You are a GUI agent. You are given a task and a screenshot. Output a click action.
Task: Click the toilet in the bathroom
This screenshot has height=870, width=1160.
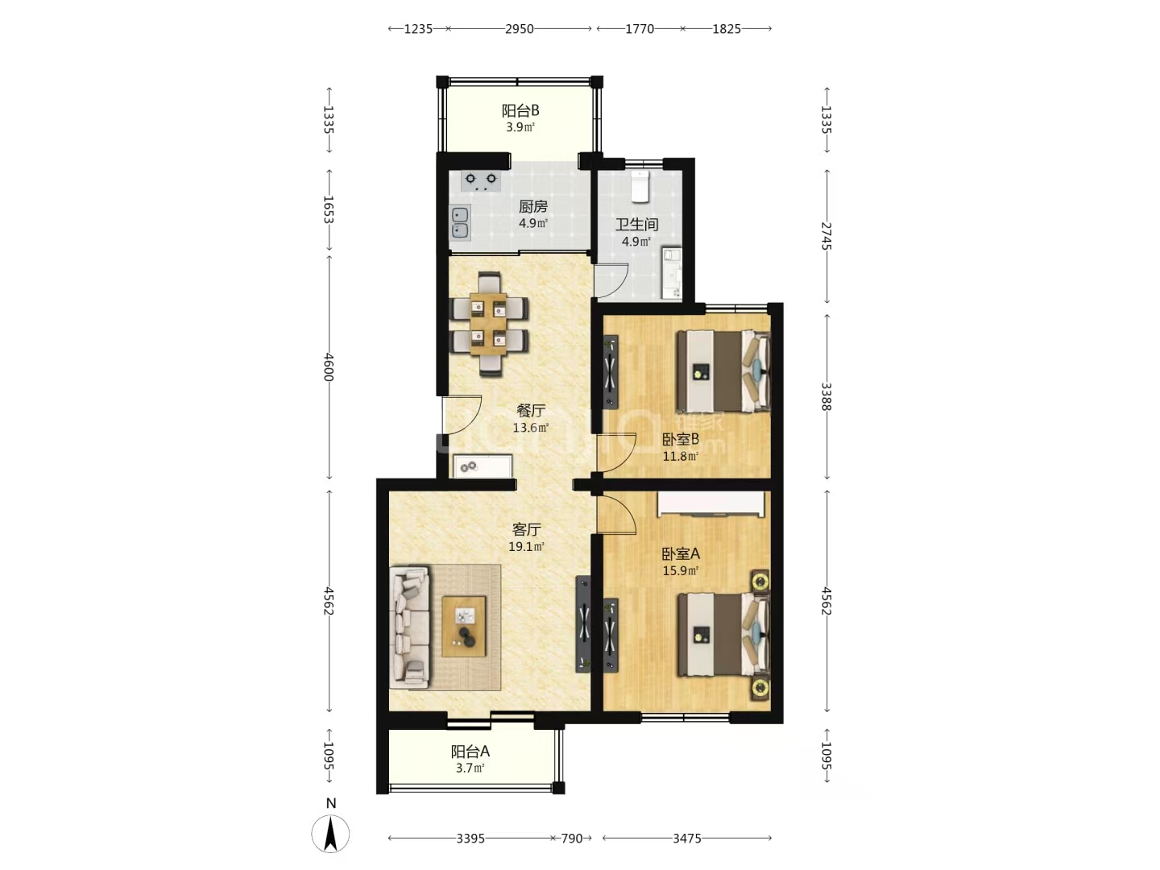point(640,186)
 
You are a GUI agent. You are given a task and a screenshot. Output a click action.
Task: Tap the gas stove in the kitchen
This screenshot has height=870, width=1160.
point(481,180)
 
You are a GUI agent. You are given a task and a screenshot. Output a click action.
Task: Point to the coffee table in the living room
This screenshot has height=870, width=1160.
point(464,626)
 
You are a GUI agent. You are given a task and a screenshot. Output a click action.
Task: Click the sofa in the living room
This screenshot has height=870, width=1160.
point(409,627)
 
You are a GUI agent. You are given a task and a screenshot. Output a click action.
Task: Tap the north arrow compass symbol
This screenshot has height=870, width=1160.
point(330,834)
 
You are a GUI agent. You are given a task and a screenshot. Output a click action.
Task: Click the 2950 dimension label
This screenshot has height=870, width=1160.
point(519,29)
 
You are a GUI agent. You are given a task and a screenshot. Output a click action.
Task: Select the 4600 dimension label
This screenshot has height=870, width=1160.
point(329,367)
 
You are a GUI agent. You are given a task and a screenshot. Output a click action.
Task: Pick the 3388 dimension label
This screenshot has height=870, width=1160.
point(826,396)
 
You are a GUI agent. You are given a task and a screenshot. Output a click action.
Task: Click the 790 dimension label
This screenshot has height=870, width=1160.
point(571,839)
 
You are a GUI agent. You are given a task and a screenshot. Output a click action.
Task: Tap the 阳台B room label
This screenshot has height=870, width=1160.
point(520,111)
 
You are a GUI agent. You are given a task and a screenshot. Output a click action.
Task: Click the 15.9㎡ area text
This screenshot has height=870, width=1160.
point(681,571)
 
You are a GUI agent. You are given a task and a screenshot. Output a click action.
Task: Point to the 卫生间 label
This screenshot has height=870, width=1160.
point(636,225)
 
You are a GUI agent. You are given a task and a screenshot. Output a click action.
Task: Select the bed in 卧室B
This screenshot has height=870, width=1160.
point(723,371)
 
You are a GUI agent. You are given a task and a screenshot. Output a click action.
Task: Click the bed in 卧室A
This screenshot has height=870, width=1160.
point(723,635)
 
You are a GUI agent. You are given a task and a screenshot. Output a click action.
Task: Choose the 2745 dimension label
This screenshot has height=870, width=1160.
point(826,236)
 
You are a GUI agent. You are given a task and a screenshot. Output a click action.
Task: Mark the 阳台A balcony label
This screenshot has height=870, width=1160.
point(470,751)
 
